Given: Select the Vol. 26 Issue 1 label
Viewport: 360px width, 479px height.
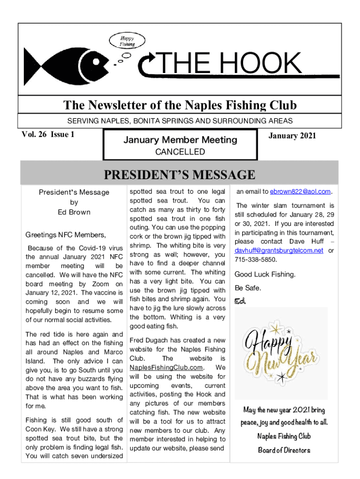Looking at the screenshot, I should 48,135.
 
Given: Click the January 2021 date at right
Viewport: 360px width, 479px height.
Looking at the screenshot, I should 292,136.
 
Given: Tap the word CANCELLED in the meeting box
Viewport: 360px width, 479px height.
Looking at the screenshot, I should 180,152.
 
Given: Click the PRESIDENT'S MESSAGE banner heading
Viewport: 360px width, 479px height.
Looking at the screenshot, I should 180,175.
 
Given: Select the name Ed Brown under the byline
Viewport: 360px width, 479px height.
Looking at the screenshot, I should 74,212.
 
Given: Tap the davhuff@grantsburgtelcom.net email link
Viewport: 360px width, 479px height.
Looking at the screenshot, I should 279,250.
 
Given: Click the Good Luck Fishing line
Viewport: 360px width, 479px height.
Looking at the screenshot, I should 265,274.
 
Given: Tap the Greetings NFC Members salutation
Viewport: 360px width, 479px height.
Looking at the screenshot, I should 65,235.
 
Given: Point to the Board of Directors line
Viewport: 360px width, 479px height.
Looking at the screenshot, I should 284,450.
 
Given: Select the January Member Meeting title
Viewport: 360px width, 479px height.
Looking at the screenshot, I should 180,139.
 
